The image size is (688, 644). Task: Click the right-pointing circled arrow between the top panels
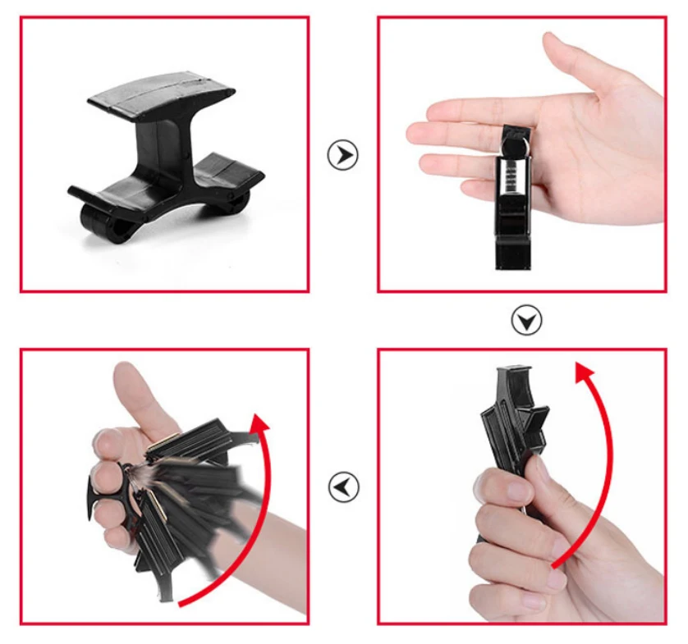click(343, 154)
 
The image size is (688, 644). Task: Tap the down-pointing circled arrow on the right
click(526, 320)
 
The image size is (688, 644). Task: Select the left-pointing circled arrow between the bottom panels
click(344, 486)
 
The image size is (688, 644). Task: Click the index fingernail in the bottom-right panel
click(518, 492)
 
